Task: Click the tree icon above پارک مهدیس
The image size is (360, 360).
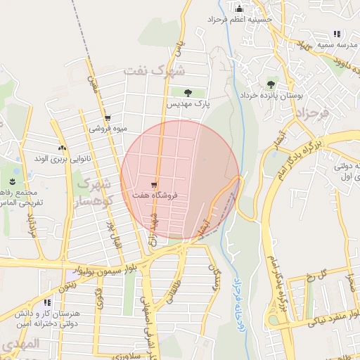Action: click(188, 93)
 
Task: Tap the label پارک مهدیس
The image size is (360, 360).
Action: click(188, 103)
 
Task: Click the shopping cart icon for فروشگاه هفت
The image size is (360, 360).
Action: click(154, 184)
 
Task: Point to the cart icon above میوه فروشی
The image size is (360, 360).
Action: click(107, 118)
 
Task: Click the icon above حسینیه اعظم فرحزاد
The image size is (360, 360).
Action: click(238, 9)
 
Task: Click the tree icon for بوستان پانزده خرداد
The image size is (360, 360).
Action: click(271, 84)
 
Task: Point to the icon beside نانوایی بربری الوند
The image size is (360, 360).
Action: click(62, 148)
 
